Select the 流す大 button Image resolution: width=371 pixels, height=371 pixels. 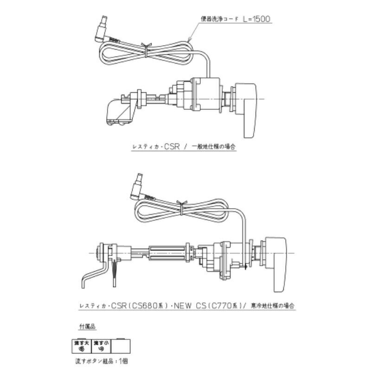coord(80,345)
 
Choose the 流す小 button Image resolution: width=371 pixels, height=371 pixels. coord(100,345)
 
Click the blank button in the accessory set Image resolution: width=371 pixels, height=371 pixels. coord(122,345)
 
